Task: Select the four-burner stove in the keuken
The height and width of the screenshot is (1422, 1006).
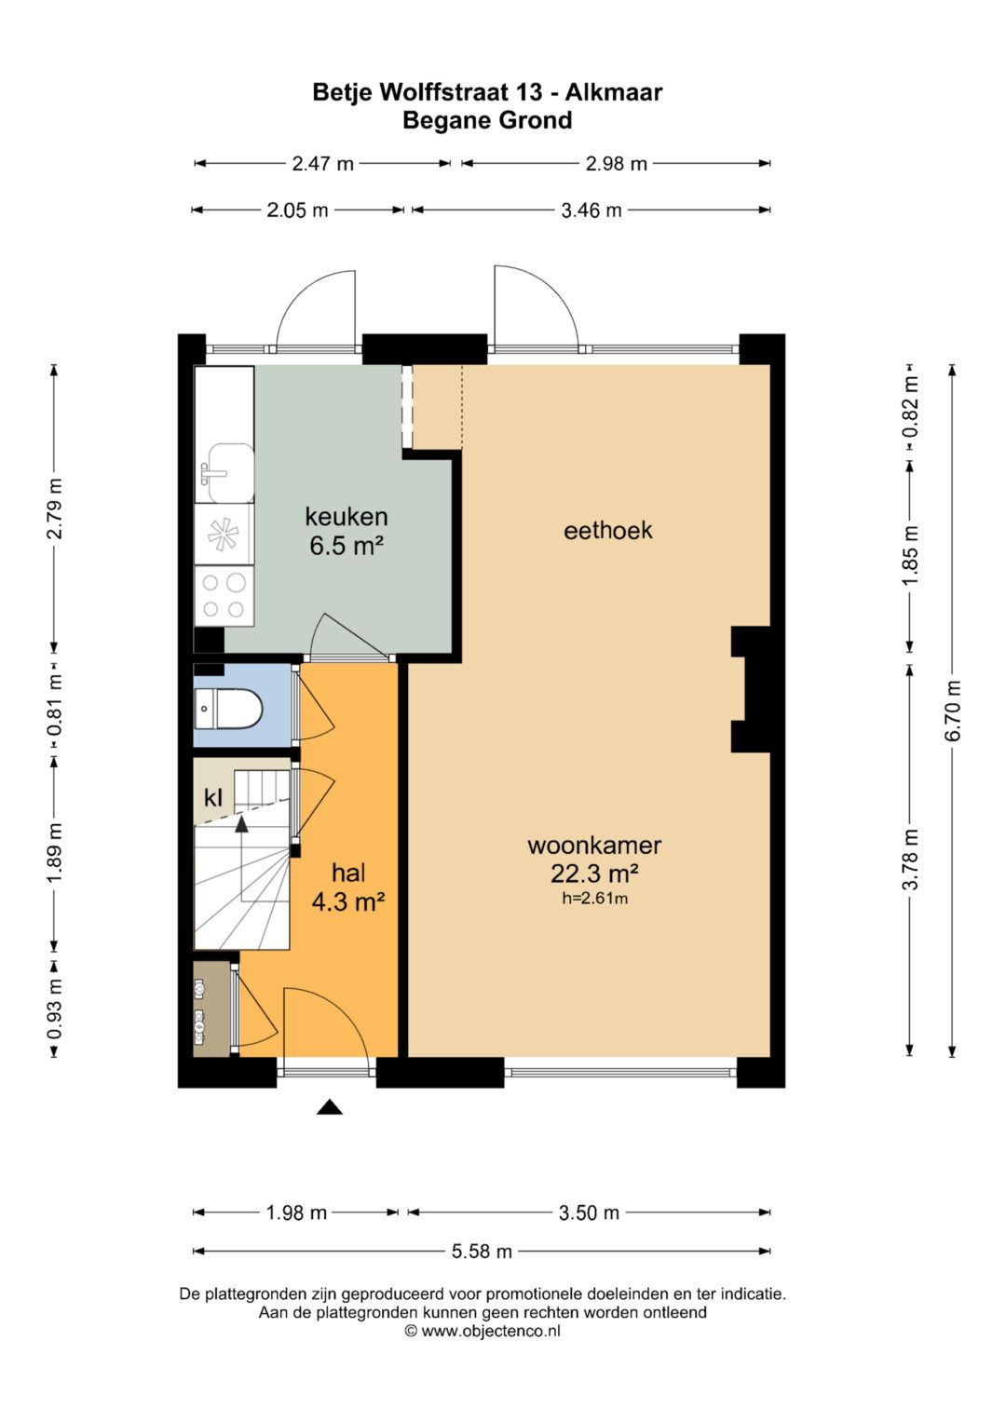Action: click(224, 595)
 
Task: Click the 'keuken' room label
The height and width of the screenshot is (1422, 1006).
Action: click(347, 516)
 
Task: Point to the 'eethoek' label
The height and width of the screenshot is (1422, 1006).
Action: click(607, 530)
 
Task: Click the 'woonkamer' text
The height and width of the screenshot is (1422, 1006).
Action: click(594, 845)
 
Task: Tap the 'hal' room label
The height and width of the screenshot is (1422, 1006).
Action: click(348, 873)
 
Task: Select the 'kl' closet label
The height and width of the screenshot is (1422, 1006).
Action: click(213, 797)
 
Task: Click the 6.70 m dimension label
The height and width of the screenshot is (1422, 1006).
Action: click(953, 711)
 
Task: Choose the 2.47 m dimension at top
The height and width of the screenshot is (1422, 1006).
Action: click(322, 164)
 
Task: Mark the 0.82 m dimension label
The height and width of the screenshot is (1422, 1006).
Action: click(911, 406)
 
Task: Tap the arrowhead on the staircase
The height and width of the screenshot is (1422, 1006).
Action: click(241, 824)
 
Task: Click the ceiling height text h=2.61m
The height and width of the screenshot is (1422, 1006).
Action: click(594, 899)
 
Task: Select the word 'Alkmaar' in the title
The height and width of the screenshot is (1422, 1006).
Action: click(614, 93)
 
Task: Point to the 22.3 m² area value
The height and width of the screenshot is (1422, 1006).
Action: click(594, 874)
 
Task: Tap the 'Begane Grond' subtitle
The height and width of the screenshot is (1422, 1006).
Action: click(487, 120)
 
